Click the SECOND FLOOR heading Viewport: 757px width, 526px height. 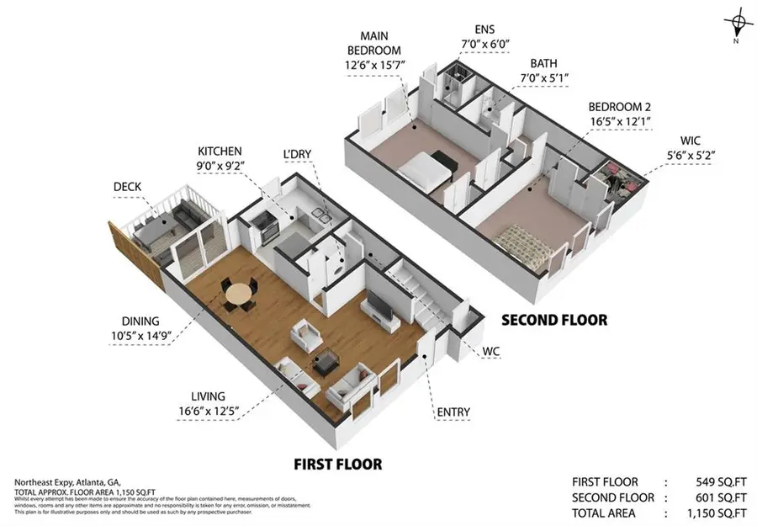click(553, 320)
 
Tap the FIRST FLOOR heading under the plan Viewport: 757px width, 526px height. click(336, 464)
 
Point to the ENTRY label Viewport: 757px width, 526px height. click(453, 412)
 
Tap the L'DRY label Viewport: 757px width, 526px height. click(298, 154)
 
